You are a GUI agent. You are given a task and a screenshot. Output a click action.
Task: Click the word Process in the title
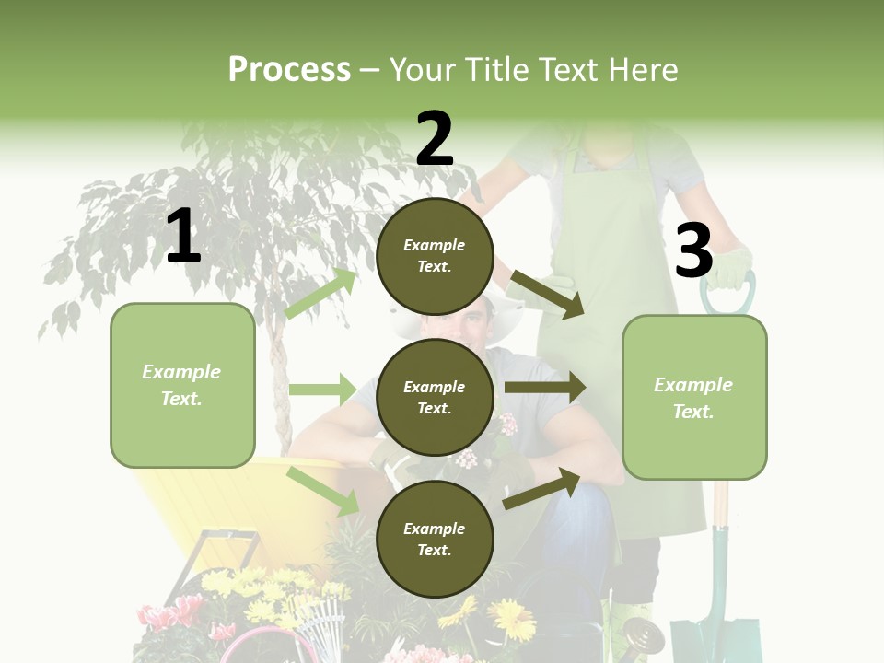(x=289, y=70)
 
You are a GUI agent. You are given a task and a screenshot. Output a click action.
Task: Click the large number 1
(x=183, y=237)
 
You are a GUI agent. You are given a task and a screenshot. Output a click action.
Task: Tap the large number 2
(x=435, y=138)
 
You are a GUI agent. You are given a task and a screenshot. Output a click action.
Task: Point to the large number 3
(x=693, y=251)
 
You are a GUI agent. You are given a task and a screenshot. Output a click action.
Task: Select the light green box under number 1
(x=182, y=385)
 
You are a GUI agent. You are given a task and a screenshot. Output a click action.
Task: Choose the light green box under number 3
(x=694, y=397)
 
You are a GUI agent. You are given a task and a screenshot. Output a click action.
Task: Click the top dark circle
(x=435, y=256)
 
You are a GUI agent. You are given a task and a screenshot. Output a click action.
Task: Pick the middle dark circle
(x=435, y=397)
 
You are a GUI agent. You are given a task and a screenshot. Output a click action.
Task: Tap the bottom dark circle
(x=435, y=539)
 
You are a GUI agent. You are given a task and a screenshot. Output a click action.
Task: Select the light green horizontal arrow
(x=322, y=390)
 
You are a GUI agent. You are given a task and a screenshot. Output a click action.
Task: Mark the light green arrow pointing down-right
(x=323, y=490)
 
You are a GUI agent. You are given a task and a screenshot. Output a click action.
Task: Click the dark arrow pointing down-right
(x=546, y=294)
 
